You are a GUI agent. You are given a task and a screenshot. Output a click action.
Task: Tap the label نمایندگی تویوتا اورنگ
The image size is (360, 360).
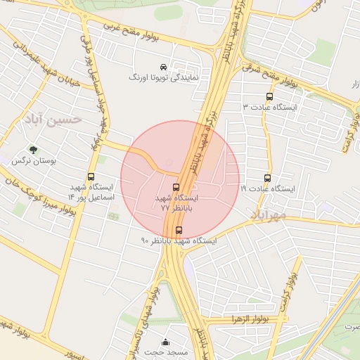[163, 77]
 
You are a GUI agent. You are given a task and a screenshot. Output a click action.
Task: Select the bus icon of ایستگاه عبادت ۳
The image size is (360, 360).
[269, 97]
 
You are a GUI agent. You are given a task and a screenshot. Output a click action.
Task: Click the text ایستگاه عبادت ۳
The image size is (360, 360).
[269, 107]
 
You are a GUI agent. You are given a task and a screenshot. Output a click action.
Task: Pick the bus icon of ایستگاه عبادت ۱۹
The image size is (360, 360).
[267, 179]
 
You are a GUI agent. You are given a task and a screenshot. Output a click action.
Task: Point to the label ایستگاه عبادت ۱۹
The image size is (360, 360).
[269, 189]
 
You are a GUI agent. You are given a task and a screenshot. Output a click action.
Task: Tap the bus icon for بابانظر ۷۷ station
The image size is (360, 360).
[176, 187]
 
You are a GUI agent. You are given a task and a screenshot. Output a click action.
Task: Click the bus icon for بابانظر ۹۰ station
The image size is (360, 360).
[178, 230]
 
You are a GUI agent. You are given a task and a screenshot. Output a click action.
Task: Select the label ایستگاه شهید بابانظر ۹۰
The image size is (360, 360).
[179, 240]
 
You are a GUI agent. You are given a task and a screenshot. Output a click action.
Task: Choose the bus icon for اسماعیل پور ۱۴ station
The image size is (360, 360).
[91, 177]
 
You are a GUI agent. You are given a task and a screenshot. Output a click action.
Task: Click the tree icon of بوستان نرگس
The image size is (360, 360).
[33, 150]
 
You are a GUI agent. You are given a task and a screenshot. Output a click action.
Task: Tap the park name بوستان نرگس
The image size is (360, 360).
[33, 160]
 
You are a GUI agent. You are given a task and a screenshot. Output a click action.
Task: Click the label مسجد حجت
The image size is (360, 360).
[166, 352]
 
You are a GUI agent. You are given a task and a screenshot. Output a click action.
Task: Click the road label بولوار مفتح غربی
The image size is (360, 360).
[140, 35]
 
